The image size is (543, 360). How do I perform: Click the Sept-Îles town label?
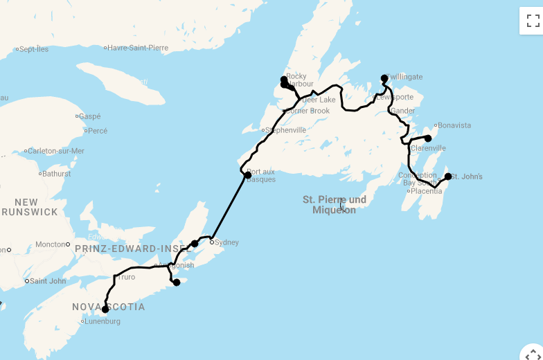[x=34, y=49]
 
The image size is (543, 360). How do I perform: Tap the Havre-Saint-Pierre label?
[x=138, y=48]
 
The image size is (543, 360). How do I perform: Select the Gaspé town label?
[x=89, y=116]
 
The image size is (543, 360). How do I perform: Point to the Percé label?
[x=98, y=130]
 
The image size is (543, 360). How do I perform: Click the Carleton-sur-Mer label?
[x=56, y=150]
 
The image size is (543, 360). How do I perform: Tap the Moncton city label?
[x=50, y=244]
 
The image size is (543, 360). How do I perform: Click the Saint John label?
[x=48, y=281]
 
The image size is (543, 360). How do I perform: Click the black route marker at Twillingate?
[x=384, y=78]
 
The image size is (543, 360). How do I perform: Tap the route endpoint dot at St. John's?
[x=448, y=177]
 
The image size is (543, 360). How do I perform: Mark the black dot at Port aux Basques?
[x=248, y=175]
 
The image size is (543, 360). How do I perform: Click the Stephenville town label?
[x=286, y=129]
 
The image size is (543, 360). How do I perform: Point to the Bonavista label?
[x=454, y=125]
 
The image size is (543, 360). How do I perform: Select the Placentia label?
[x=427, y=191]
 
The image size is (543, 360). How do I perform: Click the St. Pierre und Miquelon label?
[x=334, y=205]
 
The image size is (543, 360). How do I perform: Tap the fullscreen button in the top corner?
[x=531, y=21]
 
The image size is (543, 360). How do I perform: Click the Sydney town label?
[x=226, y=242]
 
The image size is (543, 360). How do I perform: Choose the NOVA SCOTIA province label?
[x=109, y=307]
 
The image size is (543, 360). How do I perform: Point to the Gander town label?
[x=403, y=111]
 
